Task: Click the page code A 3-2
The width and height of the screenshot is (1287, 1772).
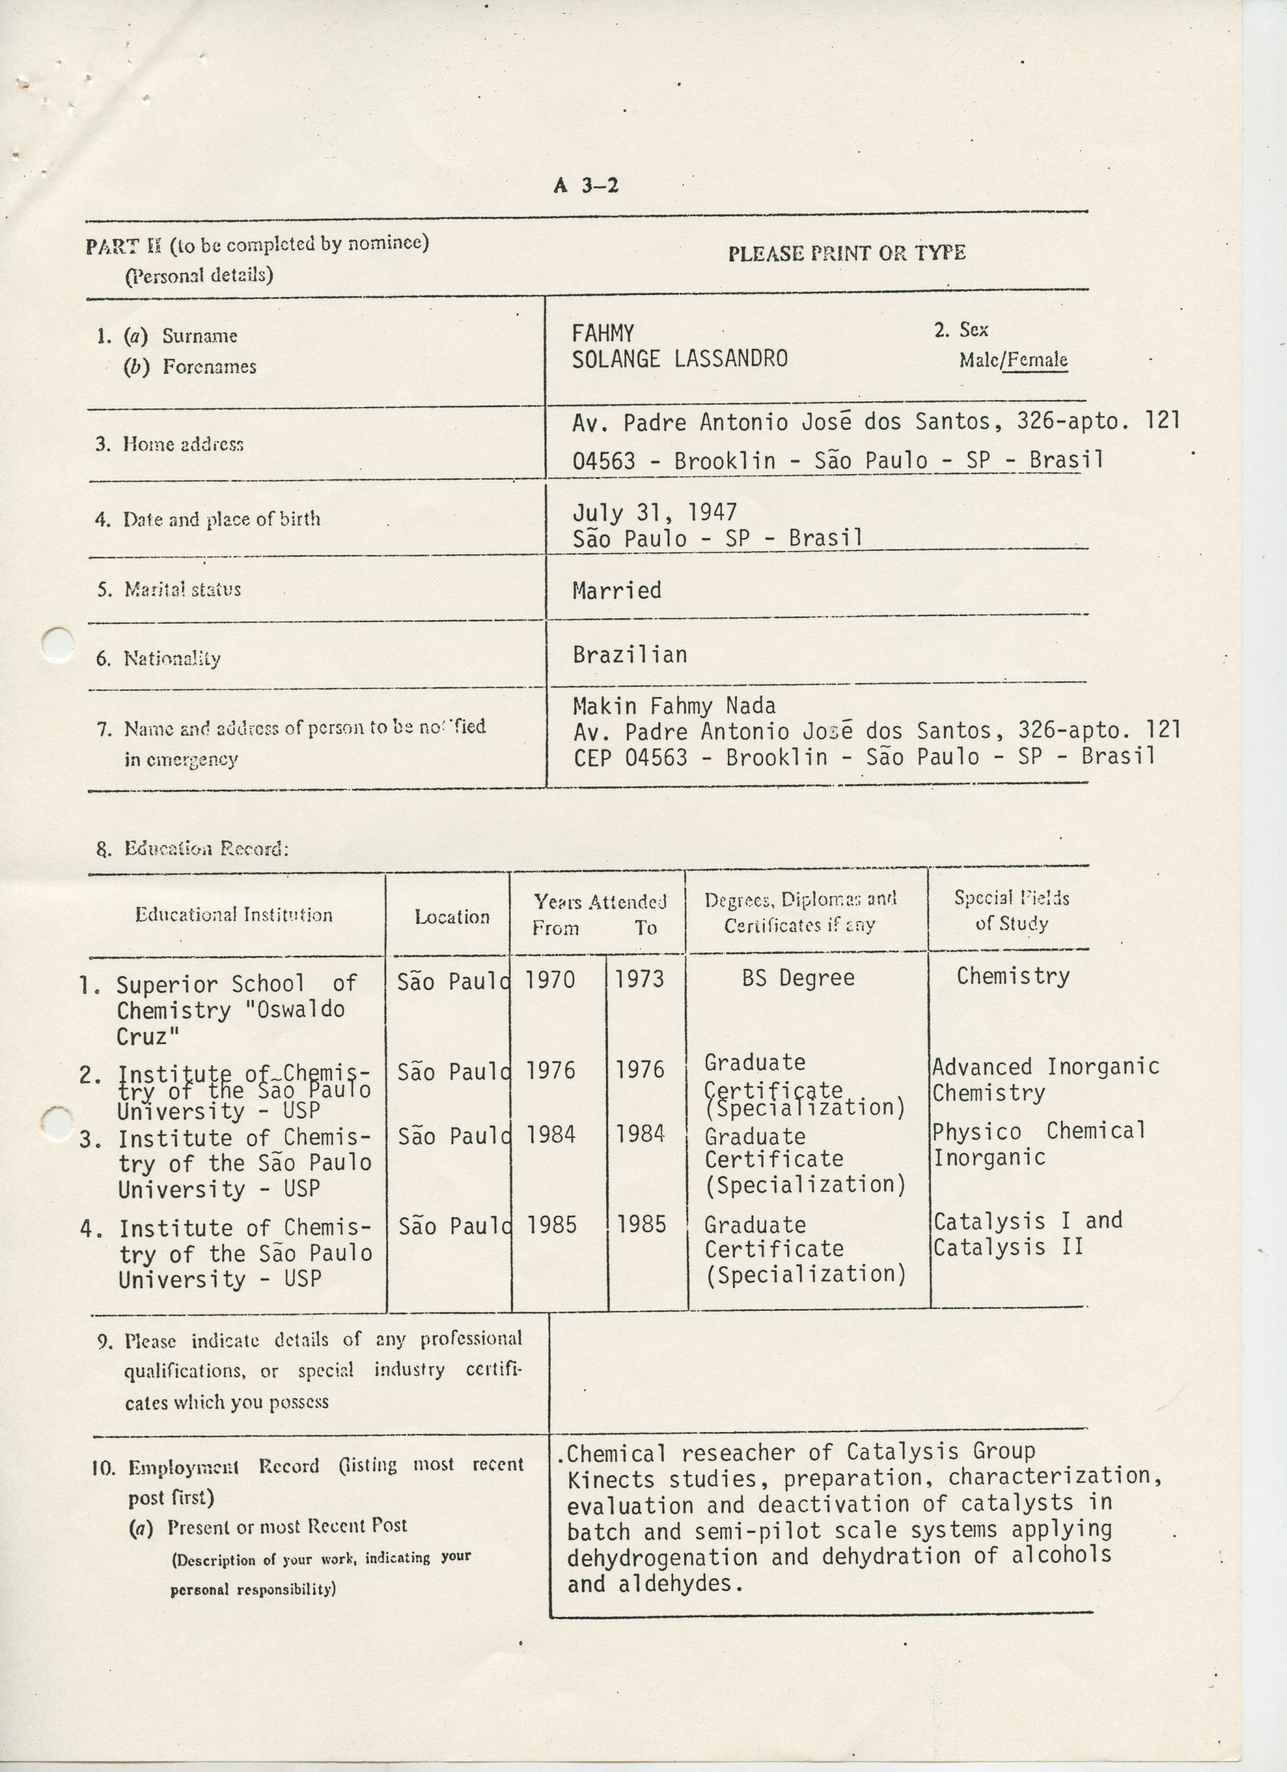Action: (x=585, y=186)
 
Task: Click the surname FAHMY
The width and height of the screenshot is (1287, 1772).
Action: (x=602, y=334)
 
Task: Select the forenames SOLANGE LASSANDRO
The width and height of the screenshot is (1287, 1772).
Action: (x=679, y=359)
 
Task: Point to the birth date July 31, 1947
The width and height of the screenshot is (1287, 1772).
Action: (x=655, y=512)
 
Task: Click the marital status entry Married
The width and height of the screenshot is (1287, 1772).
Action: (x=616, y=590)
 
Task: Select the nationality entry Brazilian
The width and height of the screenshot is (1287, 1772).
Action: (x=630, y=654)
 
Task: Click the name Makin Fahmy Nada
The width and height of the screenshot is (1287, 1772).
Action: (x=674, y=705)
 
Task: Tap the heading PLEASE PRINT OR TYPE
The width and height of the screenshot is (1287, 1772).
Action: (x=846, y=253)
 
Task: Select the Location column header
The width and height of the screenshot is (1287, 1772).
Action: (x=451, y=916)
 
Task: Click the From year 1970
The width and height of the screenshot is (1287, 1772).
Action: (x=550, y=979)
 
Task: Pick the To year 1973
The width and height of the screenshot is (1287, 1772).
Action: (x=639, y=979)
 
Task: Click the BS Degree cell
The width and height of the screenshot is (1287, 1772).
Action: (x=798, y=977)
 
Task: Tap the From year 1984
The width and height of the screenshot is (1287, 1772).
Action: (x=551, y=1134)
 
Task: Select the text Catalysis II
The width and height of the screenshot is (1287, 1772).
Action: (x=1007, y=1247)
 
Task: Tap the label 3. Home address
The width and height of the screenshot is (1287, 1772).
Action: (x=170, y=444)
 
